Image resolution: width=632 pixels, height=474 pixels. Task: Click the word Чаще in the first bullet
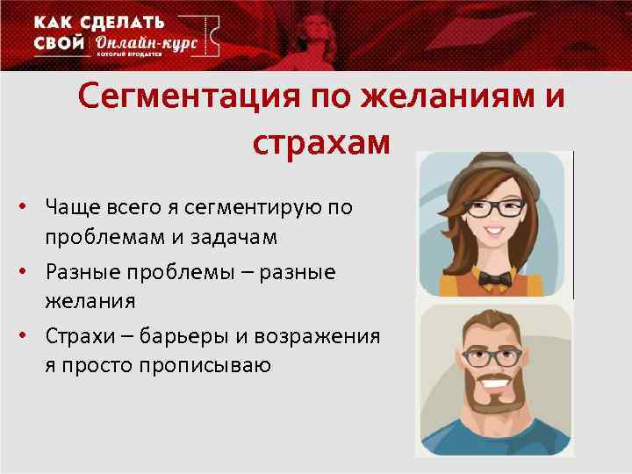75,207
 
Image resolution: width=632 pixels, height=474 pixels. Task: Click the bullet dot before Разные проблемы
29,271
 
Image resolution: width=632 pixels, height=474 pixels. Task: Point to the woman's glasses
495,209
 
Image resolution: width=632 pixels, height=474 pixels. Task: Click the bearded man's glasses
494,356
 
